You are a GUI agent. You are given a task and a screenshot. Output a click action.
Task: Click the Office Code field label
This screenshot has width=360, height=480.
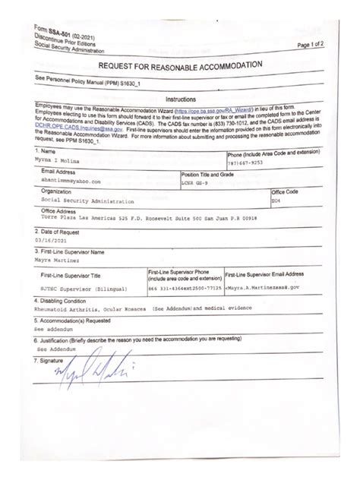pos(285,192)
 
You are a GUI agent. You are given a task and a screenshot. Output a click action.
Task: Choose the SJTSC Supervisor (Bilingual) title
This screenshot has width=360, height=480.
pos(81,289)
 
